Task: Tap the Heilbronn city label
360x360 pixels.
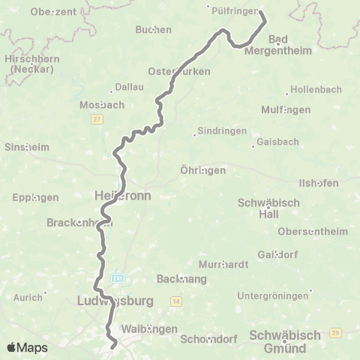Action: (122, 195)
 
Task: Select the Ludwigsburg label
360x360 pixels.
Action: (115, 301)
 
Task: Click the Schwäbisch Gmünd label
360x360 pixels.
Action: (284, 340)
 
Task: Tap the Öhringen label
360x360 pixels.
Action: (203, 170)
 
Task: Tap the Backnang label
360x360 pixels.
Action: (176, 278)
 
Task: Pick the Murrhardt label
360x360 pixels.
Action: (220, 265)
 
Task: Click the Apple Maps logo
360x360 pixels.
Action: (27, 347)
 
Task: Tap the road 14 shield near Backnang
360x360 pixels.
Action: (175, 301)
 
